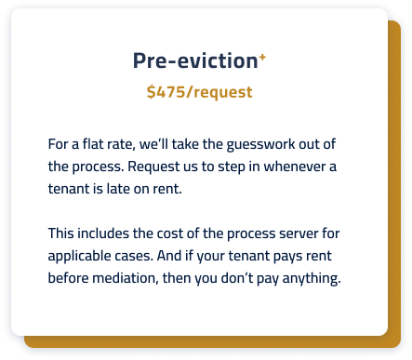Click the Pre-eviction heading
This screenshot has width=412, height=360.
point(194,61)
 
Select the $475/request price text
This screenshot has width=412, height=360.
point(199,92)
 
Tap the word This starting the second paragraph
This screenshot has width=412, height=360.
point(62,233)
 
